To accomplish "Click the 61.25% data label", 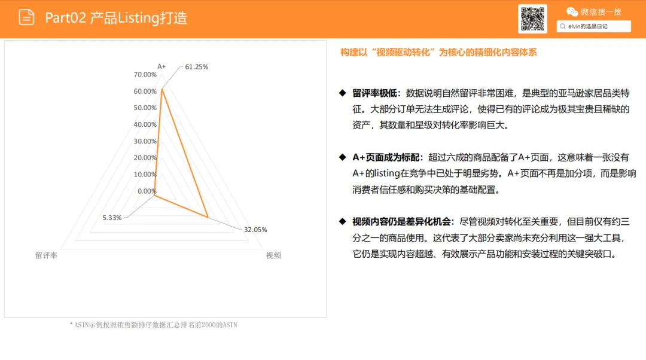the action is tap(197, 67).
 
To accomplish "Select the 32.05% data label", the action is tap(255, 230).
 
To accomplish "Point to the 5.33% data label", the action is tap(112, 218).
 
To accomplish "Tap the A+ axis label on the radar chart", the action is tap(161, 66).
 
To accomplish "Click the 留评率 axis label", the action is tap(46, 255).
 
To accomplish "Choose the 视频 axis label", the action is tap(273, 255).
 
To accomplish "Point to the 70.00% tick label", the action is tap(145, 75).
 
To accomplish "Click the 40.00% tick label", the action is tap(145, 124).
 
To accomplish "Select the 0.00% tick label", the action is tap(147, 191).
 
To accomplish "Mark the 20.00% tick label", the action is tap(145, 158).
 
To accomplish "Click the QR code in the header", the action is tap(532, 19).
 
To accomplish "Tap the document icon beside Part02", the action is tap(26, 17).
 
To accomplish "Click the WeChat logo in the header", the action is tap(572, 12).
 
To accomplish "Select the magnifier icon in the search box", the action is tap(562, 26).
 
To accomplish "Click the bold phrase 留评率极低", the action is tap(374, 93).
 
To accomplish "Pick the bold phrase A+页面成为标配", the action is tap(386, 157).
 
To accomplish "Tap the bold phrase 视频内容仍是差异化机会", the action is tap(401, 222).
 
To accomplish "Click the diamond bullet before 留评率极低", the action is tap(342, 93).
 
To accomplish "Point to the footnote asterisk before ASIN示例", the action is tap(71, 324).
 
